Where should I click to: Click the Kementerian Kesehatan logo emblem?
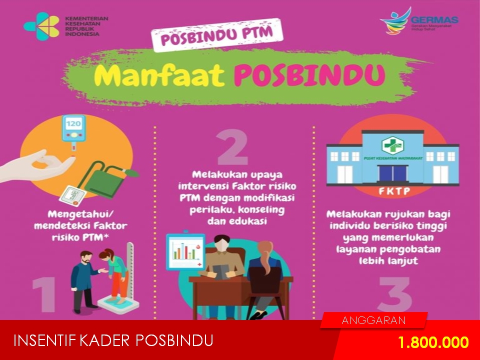pos(41,26)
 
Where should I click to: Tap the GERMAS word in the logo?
pos(434,20)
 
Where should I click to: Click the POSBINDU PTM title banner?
pos(217,34)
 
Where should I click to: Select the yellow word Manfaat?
pos(159,75)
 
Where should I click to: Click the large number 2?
pos(232,147)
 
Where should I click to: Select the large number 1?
pos(44,294)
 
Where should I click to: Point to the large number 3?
pos(394,294)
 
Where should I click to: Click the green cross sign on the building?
pos(392,145)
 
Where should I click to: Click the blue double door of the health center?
pos(393,173)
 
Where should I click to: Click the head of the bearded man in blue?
pos(86,258)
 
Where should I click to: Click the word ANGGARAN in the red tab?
pos(374,320)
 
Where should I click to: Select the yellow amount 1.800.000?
pos(433,342)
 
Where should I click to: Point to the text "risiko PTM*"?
pos(80,237)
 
